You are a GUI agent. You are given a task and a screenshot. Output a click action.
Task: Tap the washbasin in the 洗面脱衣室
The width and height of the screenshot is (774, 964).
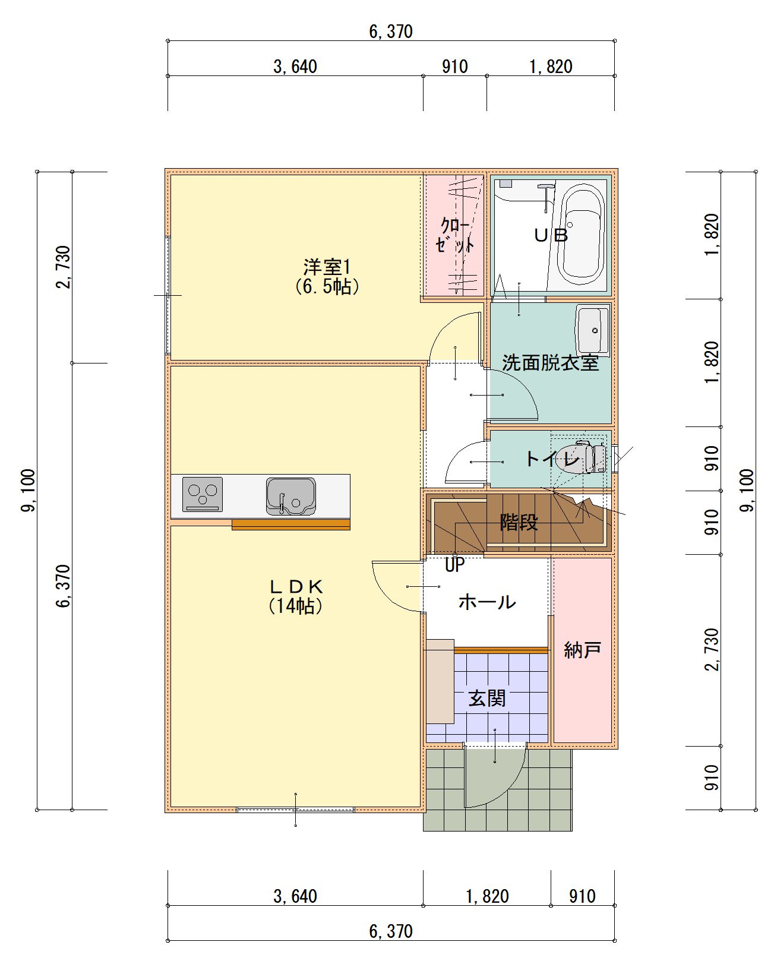pos(593,330)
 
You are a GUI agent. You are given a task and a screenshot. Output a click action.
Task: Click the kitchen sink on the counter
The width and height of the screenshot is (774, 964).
pos(291,497)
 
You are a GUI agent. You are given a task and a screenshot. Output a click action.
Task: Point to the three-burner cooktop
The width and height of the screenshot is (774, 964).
pos(203,495)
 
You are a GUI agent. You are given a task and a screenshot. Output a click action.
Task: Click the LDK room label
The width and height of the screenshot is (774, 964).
pos(296,596)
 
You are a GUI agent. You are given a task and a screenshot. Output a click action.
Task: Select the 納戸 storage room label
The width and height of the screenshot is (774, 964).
pos(582,650)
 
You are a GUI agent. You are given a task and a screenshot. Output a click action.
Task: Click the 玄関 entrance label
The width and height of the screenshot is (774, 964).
pos(487,698)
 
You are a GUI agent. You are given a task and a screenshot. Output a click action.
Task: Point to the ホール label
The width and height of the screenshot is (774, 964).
pos(487,602)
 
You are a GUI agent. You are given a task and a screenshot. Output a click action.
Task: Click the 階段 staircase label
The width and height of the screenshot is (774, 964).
pos(519,522)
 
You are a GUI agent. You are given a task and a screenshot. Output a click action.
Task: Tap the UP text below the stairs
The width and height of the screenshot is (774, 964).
pos(455,565)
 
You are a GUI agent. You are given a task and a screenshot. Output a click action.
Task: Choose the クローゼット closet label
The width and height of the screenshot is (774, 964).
pos(455,235)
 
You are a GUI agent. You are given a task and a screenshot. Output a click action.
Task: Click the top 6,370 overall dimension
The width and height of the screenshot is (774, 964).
pos(391,31)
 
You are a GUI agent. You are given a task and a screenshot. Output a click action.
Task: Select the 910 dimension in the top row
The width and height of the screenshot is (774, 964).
pos(455,67)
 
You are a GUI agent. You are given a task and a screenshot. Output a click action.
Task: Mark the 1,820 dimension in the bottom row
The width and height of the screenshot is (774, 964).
pos(487,896)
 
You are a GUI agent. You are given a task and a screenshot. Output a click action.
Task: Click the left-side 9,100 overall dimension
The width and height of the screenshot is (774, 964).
pos(29,490)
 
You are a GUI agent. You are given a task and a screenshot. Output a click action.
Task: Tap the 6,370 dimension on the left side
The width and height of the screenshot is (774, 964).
pos(64,586)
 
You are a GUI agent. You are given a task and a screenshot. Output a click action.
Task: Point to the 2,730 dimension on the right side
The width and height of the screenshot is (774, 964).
pos(711,650)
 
